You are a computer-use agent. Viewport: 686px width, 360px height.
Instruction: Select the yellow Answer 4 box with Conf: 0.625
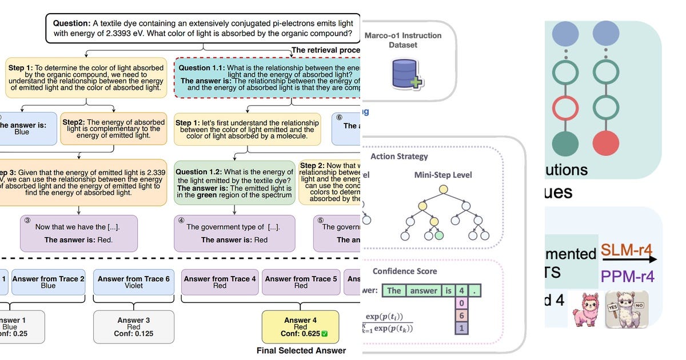tap(300, 327)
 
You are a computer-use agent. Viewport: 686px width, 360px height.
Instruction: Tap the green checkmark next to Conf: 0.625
tap(324, 334)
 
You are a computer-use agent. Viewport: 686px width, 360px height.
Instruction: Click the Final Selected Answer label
tap(301, 351)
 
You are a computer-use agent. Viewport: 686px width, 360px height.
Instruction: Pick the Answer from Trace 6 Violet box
tap(133, 282)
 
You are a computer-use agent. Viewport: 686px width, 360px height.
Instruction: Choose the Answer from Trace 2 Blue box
tap(48, 282)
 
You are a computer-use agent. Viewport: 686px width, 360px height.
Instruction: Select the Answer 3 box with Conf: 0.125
tap(133, 327)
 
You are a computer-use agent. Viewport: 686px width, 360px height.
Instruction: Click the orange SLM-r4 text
tap(627, 250)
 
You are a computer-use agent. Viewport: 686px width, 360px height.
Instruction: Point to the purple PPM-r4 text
tap(627, 277)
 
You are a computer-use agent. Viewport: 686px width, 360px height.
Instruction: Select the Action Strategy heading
tap(399, 157)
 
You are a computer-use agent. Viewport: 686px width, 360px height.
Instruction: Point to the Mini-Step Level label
tap(443, 175)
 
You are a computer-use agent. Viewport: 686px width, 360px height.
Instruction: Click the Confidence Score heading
tap(404, 271)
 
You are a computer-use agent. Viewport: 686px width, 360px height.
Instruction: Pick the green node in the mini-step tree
tap(440, 235)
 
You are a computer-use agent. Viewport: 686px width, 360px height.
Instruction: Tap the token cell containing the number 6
tap(461, 315)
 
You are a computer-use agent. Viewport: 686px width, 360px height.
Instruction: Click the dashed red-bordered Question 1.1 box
tap(268, 78)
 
